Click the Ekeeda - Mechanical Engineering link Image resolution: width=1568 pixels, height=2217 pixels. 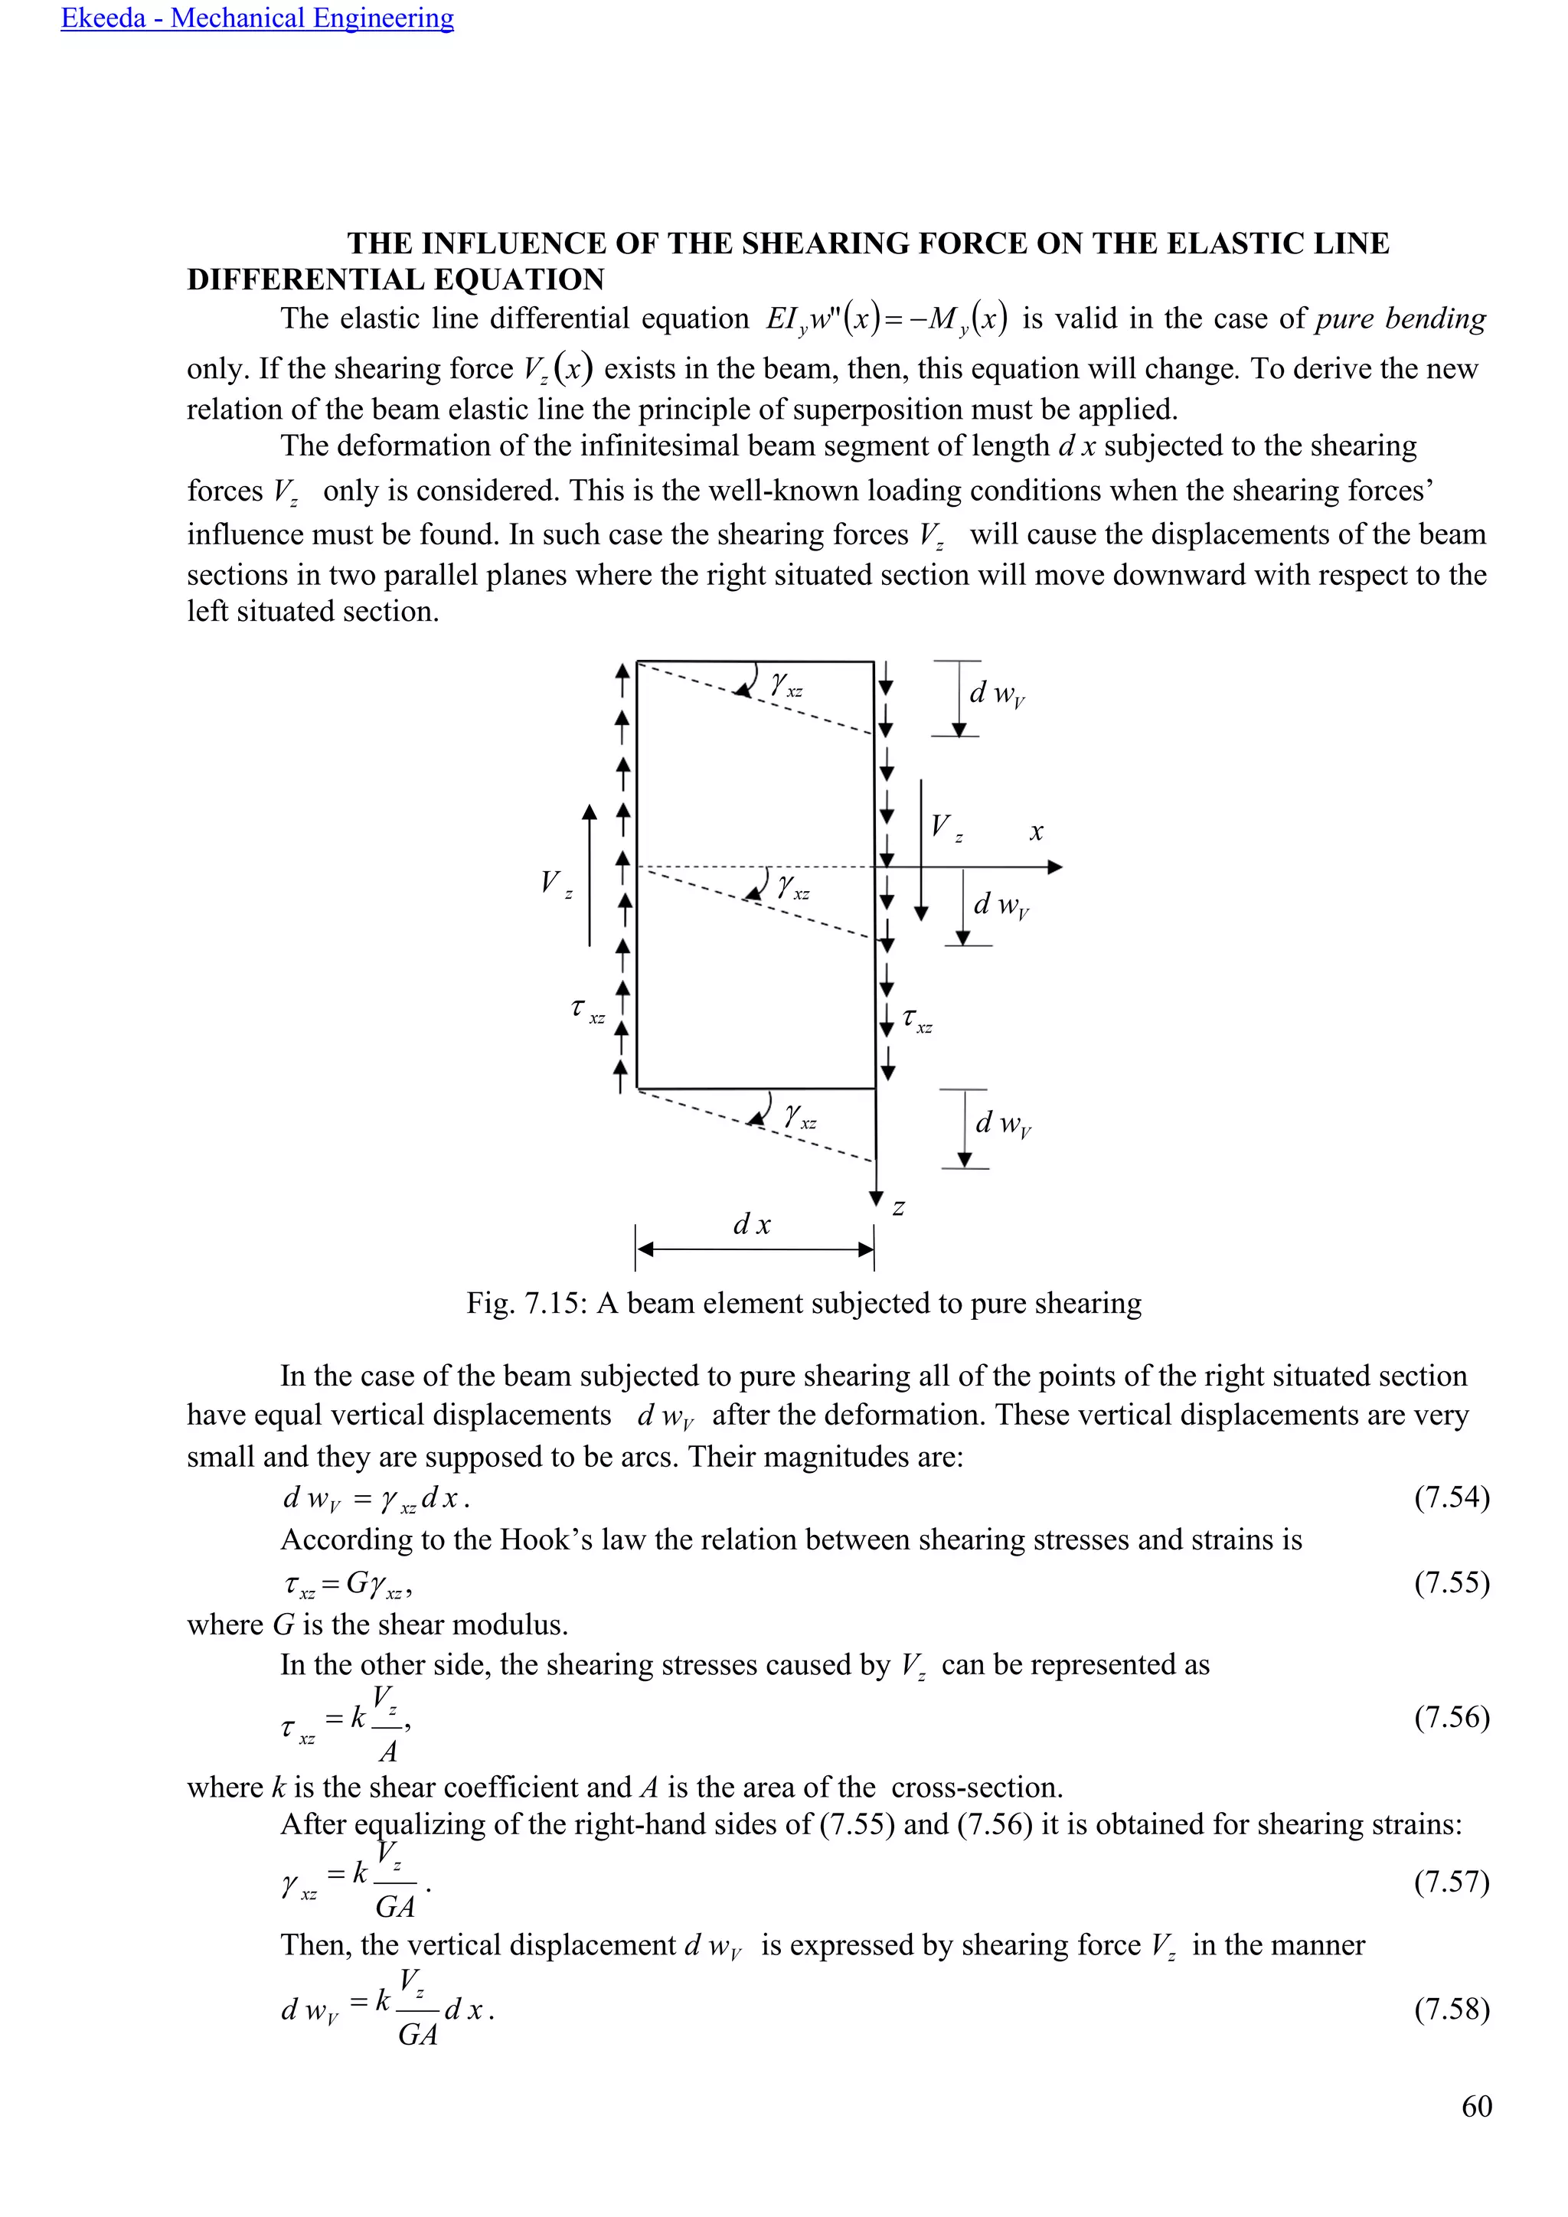tap(256, 18)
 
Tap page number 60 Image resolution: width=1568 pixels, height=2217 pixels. tap(1476, 2105)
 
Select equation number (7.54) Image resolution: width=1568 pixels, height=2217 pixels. tap(1451, 1497)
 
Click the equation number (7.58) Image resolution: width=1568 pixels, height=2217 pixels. tap(1451, 2010)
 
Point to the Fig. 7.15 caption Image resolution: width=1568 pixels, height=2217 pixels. tap(803, 1304)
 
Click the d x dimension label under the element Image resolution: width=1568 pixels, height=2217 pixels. tap(751, 1224)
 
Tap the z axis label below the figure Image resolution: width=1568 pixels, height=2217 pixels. tap(898, 1207)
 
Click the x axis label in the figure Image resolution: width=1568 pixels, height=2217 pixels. tap(1036, 831)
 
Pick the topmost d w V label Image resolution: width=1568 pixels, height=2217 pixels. tap(996, 694)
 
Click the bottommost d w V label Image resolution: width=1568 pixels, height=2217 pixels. tap(1003, 1123)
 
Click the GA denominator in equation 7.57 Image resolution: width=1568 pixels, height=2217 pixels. tap(394, 1907)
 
